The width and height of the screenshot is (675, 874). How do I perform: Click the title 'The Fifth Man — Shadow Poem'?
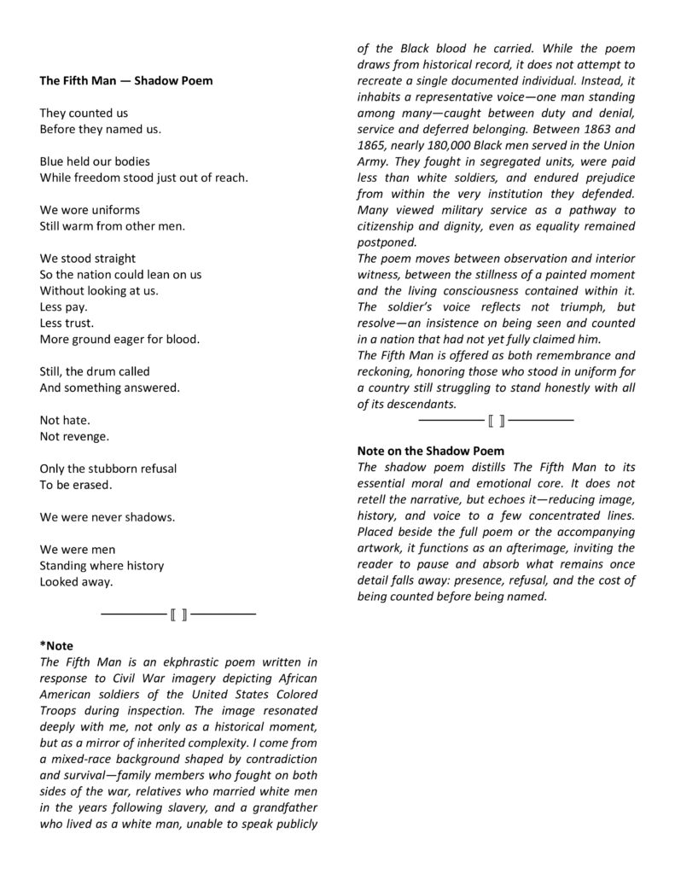126,80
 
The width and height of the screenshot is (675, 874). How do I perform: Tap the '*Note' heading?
57,646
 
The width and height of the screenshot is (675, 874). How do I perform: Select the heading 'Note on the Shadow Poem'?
430,450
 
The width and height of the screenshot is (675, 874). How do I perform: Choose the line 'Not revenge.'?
74,436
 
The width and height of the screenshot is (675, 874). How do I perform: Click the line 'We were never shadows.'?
108,517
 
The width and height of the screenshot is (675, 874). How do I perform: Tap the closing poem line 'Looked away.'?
76,582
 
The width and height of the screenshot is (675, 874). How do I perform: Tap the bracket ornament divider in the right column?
496,420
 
